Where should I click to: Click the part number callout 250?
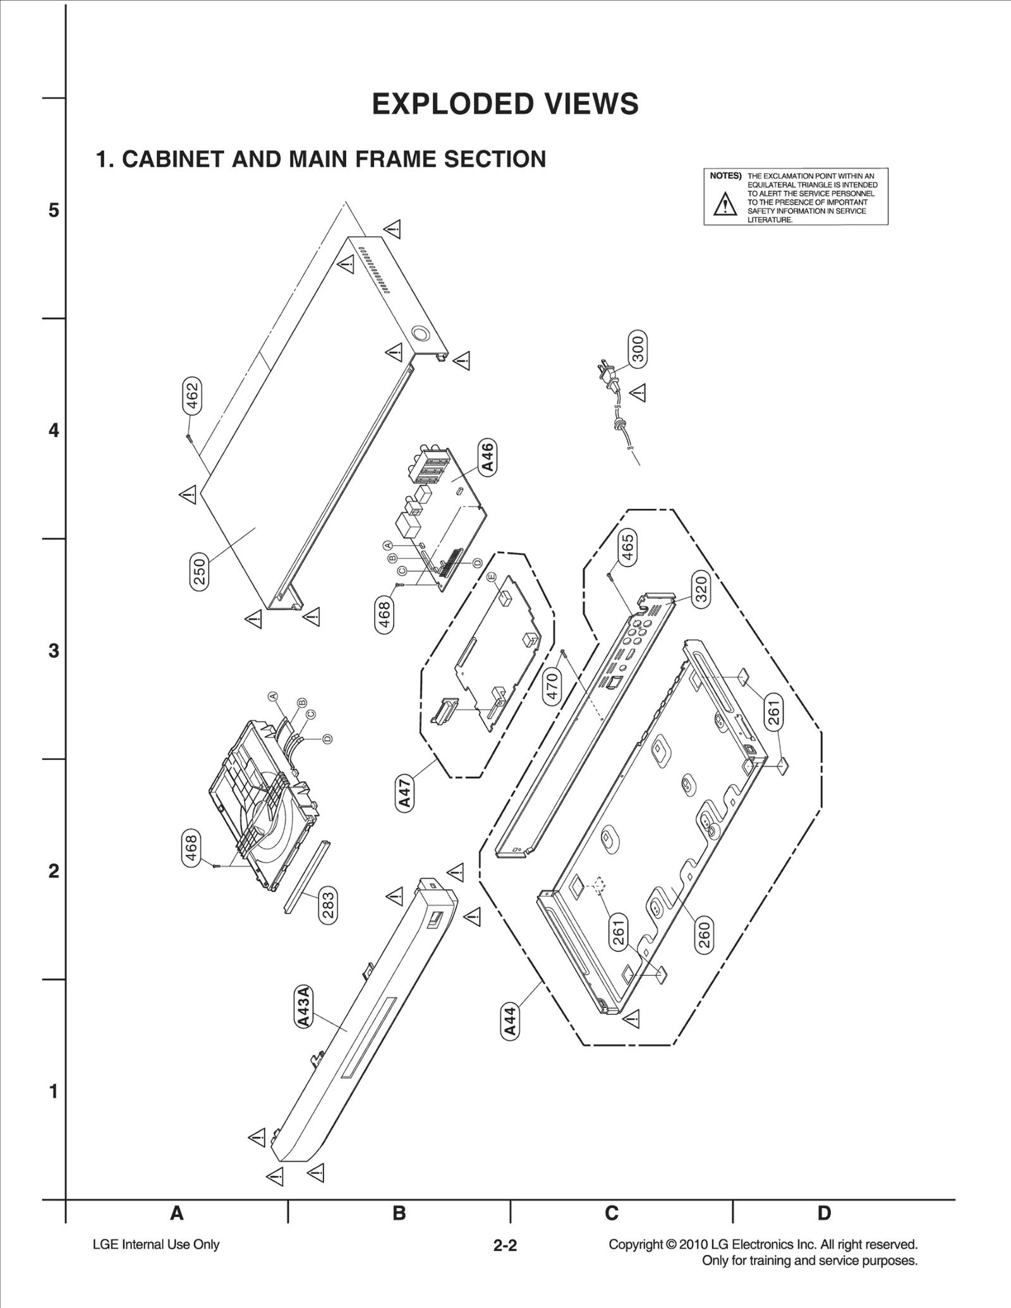(x=199, y=572)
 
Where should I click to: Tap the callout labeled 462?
(x=192, y=395)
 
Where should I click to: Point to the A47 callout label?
(x=404, y=794)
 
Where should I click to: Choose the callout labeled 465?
(x=627, y=547)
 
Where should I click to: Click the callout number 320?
(x=701, y=589)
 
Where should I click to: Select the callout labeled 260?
(x=704, y=935)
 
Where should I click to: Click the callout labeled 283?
(x=328, y=905)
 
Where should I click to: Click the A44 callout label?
(x=510, y=1021)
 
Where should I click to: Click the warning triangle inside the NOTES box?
(x=725, y=205)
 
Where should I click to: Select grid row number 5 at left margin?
(x=54, y=210)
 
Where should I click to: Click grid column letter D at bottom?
(x=824, y=1213)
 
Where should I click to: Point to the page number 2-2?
(x=505, y=1245)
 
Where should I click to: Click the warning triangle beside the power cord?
(x=638, y=392)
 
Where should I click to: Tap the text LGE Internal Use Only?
(x=156, y=1244)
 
